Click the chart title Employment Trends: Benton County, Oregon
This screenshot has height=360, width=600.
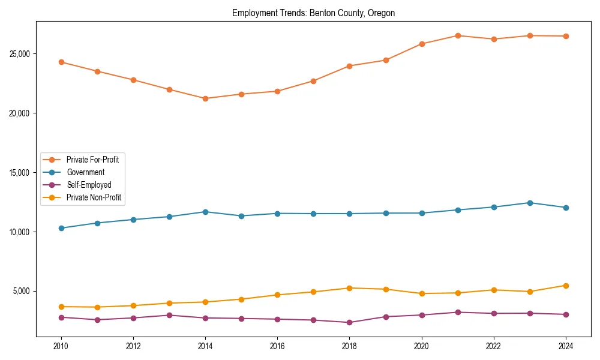[313, 13]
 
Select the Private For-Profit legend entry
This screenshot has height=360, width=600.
[92, 160]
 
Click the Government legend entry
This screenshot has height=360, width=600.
[85, 172]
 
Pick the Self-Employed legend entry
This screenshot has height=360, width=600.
[89, 185]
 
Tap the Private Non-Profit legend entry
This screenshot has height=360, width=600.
[94, 197]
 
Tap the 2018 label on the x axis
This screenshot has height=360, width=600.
[350, 346]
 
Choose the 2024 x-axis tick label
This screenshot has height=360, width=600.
[566, 346]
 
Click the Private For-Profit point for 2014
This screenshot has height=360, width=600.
[205, 98]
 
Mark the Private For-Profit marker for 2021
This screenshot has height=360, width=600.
[458, 35]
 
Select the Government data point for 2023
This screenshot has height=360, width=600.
[530, 203]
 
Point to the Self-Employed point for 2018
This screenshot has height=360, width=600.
[350, 322]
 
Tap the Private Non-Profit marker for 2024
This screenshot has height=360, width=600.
[566, 286]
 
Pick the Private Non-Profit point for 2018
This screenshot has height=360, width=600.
[350, 288]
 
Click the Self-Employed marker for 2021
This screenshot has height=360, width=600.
[458, 312]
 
